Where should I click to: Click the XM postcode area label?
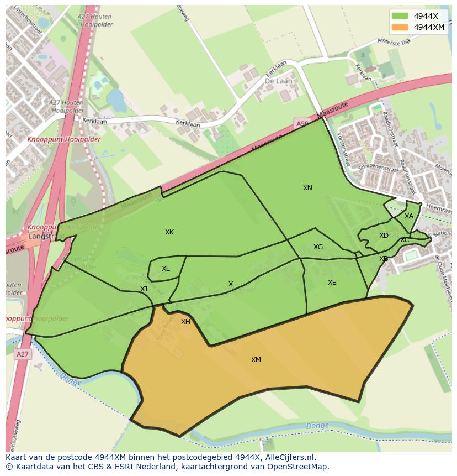click(256, 360)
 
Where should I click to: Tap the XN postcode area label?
click(307, 188)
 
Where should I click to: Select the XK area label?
click(169, 232)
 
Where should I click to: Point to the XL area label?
click(166, 269)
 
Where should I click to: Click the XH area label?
click(185, 322)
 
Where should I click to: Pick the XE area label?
click(332, 283)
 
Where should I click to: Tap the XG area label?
click(318, 247)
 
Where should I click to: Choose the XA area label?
click(408, 216)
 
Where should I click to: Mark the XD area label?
click(384, 236)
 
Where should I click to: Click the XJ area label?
click(144, 289)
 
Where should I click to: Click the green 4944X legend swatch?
click(400, 16)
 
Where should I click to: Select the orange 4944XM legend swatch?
click(400, 27)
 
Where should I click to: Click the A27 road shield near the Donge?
click(22, 354)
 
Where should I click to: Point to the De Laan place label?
click(278, 81)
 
